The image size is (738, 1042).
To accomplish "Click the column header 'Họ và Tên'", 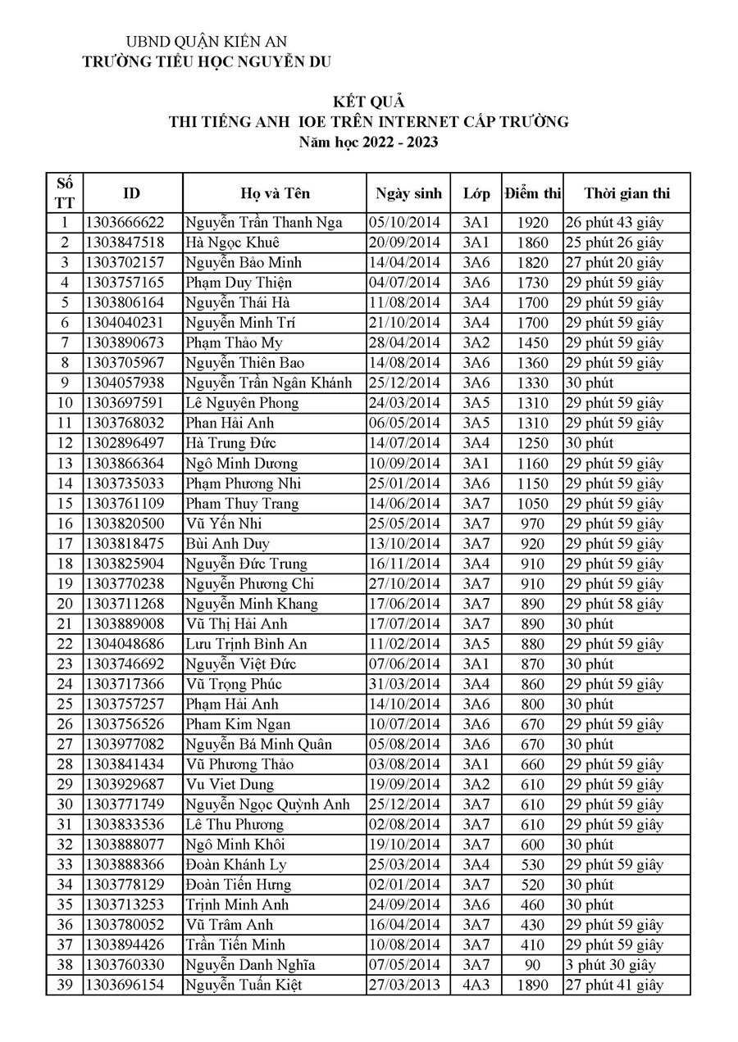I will tap(275, 194).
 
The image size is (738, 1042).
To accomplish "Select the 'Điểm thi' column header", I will tap(532, 194).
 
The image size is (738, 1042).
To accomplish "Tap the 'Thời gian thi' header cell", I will tap(626, 194).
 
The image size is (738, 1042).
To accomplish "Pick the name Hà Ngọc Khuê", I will tap(232, 242).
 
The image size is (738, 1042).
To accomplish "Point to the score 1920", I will tap(532, 223).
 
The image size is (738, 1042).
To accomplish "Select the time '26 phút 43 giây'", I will tap(614, 223).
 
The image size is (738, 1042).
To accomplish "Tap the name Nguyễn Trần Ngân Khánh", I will tap(268, 383).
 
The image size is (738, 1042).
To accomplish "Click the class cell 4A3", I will tap(476, 985).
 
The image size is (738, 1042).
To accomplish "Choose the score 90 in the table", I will tap(532, 966).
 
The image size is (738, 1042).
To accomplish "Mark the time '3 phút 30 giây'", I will tap(610, 966).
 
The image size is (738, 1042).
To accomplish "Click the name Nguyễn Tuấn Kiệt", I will tap(244, 985).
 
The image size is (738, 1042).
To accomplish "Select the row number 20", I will tap(65, 604).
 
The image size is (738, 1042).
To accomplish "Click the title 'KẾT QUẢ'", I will tap(368, 102).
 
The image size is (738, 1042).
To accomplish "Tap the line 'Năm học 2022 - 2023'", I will tap(368, 143).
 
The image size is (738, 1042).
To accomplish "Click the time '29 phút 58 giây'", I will tap(614, 604).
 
